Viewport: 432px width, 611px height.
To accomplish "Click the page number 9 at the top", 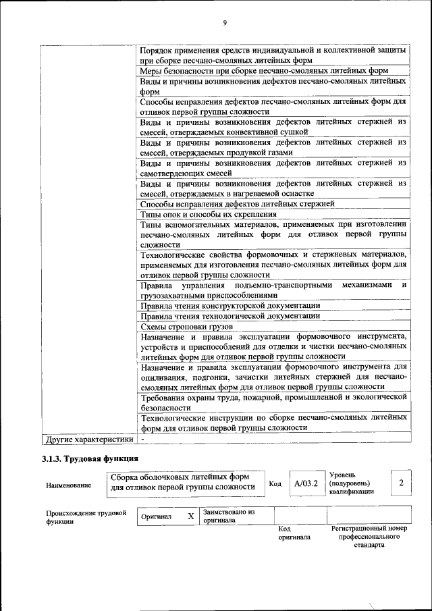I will click(223, 24).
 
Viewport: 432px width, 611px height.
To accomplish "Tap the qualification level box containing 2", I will click(401, 483).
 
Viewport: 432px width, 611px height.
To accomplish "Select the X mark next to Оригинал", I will click(190, 516).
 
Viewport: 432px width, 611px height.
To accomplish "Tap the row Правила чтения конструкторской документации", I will click(230, 305).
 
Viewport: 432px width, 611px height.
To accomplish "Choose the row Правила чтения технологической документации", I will click(230, 316).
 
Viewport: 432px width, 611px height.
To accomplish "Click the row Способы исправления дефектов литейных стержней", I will click(237, 203).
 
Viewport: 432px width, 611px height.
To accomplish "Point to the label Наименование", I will click(69, 485).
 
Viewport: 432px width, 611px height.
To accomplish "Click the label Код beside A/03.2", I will click(275, 483).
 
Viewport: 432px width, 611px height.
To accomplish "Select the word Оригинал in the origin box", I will click(156, 517).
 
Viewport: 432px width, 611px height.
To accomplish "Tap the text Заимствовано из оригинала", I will click(229, 516).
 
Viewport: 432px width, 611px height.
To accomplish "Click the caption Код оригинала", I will click(294, 533).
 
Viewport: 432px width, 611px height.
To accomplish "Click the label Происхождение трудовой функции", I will click(86, 517).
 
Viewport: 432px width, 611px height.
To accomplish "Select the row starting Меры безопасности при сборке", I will click(264, 70).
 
